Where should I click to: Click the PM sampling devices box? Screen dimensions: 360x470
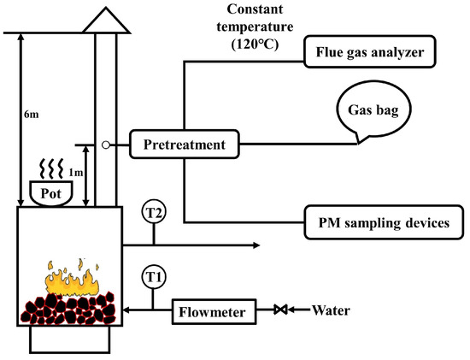click(x=378, y=223)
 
